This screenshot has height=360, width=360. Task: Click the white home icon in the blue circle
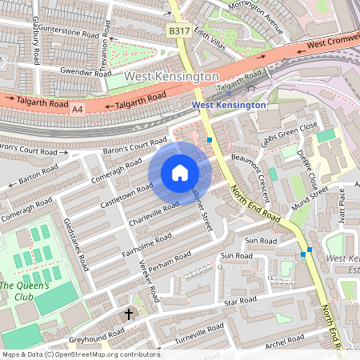180,173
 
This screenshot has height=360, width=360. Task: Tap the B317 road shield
179,30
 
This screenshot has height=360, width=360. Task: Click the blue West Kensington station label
228,105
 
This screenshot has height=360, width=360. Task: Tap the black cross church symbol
128,314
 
